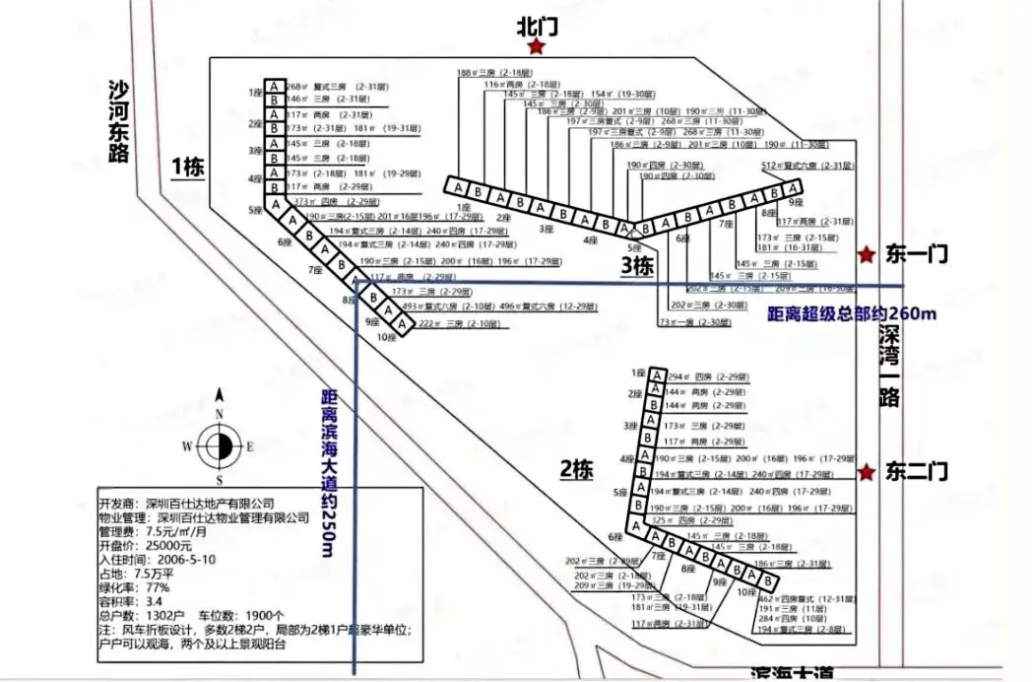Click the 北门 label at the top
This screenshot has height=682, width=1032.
[x=538, y=27]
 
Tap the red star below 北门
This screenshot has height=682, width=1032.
[x=537, y=47]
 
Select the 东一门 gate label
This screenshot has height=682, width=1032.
[x=916, y=255]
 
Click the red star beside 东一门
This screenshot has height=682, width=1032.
[x=867, y=255]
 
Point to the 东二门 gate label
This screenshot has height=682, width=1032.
[x=916, y=471]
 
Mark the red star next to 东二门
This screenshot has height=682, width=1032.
[x=867, y=472]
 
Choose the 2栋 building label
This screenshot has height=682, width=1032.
[x=576, y=470]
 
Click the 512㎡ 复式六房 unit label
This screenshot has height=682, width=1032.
[x=804, y=167]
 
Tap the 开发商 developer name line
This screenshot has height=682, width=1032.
[x=187, y=502]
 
